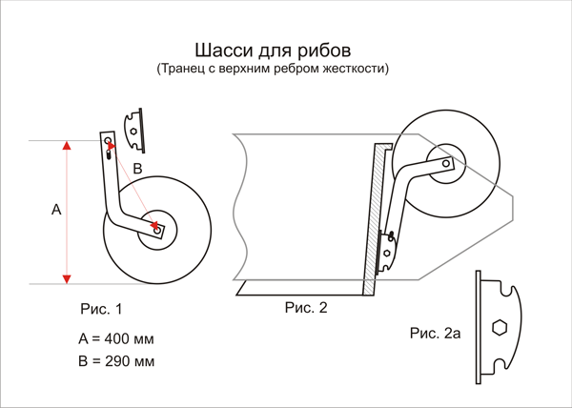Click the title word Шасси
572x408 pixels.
pos(225,50)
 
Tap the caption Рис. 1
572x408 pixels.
pos(101,309)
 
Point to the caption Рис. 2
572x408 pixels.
pos(306,308)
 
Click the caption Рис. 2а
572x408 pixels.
pos(436,333)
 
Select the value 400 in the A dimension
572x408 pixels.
pos(116,338)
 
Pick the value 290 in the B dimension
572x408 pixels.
pos(117,361)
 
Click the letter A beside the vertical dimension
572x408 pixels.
pos(56,210)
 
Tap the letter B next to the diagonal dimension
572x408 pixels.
pos(137,169)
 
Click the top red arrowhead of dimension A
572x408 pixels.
pos(67,145)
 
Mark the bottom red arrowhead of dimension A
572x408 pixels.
pos(67,279)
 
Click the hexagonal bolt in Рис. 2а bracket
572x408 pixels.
pos(500,327)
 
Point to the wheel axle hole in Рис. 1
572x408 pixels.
pos(157,231)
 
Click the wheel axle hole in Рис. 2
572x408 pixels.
pos(446,163)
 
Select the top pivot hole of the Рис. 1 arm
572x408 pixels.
pos(108,140)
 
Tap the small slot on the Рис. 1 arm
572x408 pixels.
pos(109,155)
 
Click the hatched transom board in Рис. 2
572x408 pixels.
pos(375,218)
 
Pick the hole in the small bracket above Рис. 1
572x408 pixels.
pos(133,132)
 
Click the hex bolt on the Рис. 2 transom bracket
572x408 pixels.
pos(387,253)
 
